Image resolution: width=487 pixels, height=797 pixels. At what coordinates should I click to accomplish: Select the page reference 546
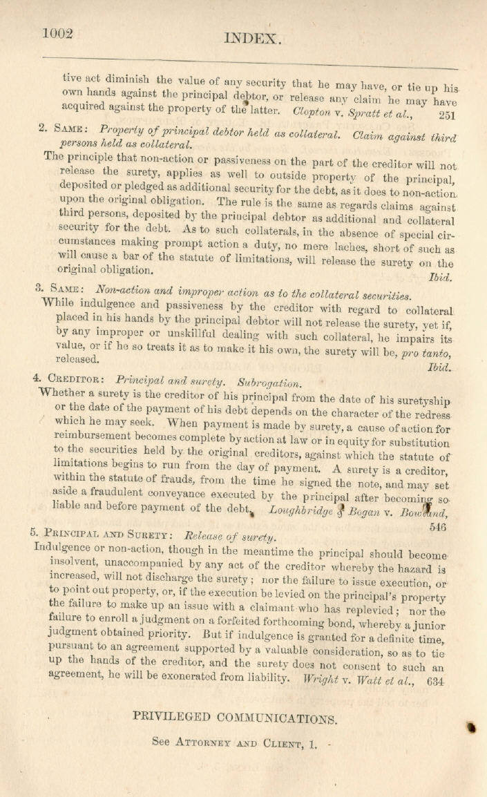pyautogui.click(x=437, y=527)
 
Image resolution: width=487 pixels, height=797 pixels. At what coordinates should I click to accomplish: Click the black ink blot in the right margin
pyautogui.click(x=473, y=727)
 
